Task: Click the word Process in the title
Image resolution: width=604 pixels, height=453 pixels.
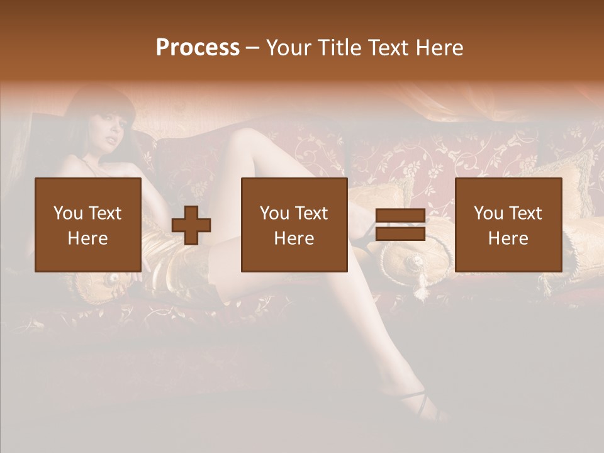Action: (198, 48)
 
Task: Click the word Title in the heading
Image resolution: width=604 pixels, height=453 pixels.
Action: (337, 48)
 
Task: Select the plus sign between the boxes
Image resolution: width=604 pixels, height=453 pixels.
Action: (191, 225)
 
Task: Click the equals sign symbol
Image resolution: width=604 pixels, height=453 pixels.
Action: (400, 225)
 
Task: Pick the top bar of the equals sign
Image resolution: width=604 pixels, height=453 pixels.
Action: (400, 216)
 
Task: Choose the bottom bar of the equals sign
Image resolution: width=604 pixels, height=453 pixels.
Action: (400, 234)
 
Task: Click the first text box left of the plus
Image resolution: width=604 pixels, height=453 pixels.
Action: (87, 225)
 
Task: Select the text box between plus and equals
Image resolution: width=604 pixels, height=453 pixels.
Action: (294, 225)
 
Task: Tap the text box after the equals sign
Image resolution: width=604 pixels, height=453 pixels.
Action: (508, 225)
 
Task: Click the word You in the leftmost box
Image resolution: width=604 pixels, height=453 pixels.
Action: (68, 213)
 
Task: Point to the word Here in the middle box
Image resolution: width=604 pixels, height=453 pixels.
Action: (294, 238)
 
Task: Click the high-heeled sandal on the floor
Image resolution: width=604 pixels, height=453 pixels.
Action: (415, 403)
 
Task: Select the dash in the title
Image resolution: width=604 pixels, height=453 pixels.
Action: (253, 48)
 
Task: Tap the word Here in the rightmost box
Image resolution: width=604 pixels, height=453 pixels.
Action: (508, 238)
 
